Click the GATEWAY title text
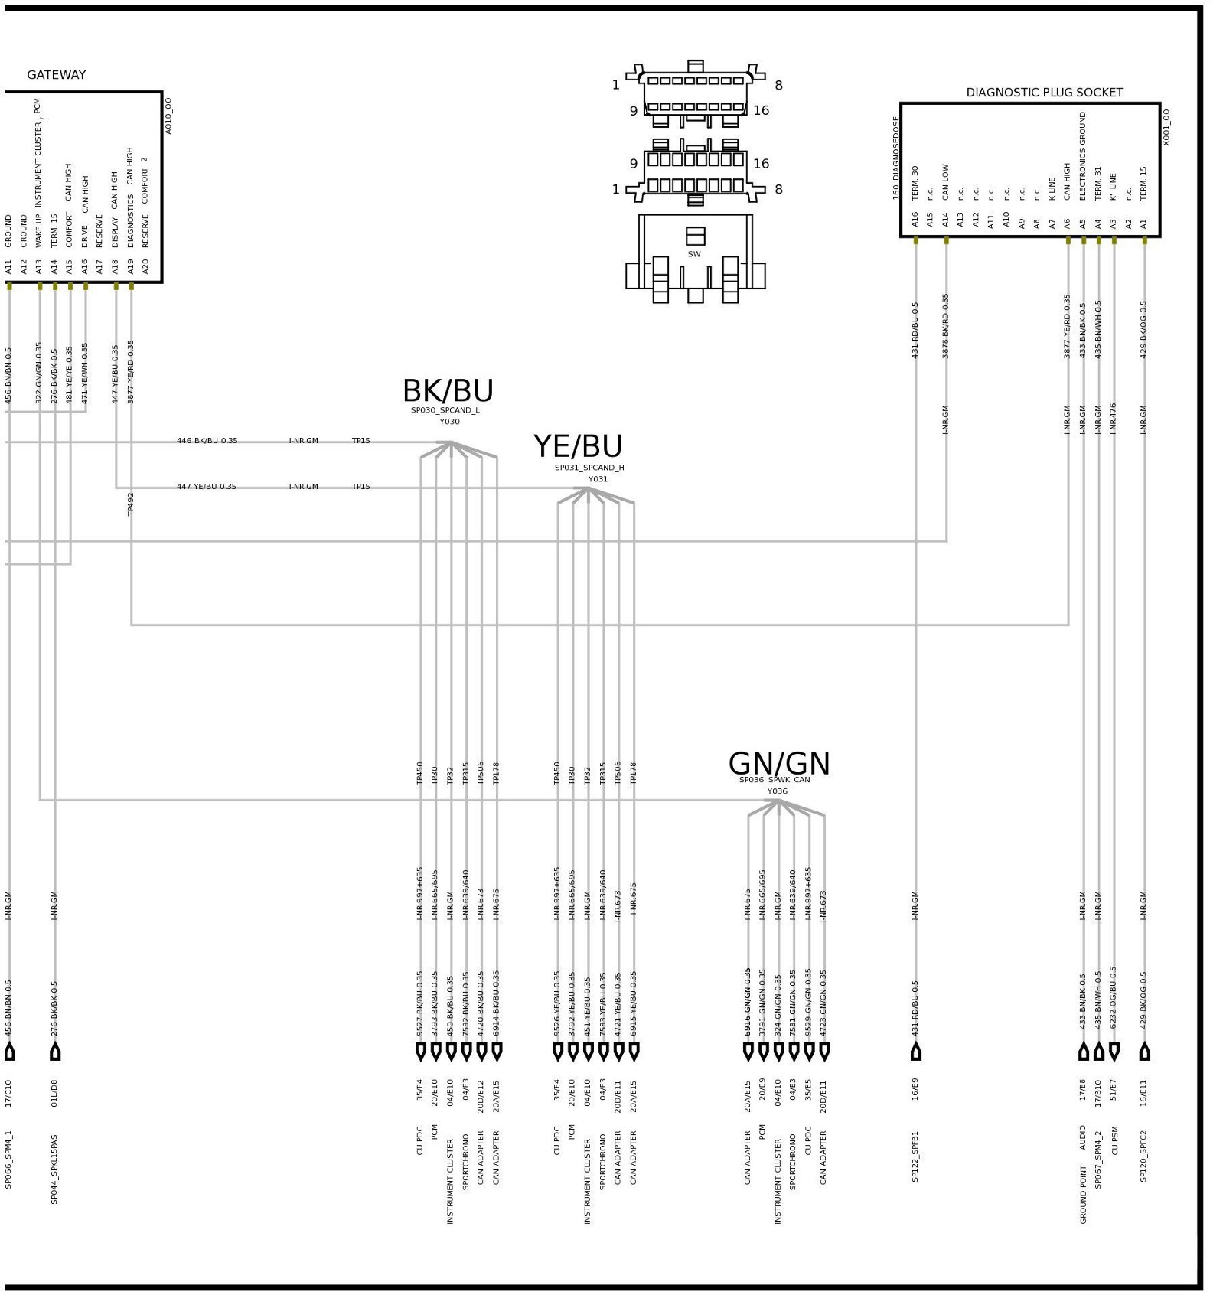click(x=56, y=75)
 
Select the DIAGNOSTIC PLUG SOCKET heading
click(x=1043, y=93)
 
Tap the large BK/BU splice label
click(x=448, y=391)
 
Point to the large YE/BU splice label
click(x=578, y=446)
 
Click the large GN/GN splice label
click(x=778, y=764)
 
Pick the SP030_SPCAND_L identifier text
click(x=445, y=410)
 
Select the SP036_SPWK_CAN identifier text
click(x=774, y=780)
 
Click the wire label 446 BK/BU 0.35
click(x=207, y=441)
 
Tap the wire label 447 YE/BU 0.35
click(x=206, y=487)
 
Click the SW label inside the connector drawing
click(x=693, y=254)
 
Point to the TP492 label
click(x=131, y=504)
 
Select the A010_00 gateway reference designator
click(x=168, y=116)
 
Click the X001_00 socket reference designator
click(x=1166, y=127)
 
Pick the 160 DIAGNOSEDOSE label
click(x=895, y=158)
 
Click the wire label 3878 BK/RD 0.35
click(x=945, y=326)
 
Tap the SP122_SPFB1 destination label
click(x=915, y=1156)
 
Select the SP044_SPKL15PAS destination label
click(x=54, y=1169)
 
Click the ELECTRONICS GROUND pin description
click(x=1082, y=156)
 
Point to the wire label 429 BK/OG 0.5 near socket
click(x=1143, y=329)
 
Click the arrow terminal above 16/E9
click(x=915, y=1052)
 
